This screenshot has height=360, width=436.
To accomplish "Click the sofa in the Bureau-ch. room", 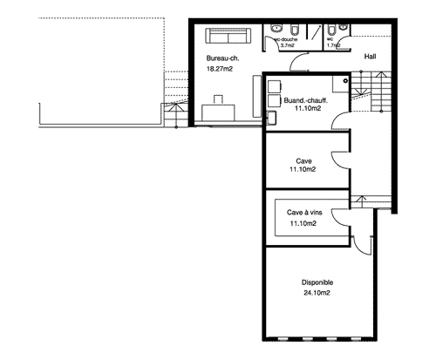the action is point(228,36).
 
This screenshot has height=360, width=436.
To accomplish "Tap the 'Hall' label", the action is point(370,57).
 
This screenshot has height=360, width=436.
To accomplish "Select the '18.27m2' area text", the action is point(220,69).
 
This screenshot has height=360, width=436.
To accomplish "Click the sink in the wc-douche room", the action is point(276,29).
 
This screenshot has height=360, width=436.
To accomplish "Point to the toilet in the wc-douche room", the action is point(294,30).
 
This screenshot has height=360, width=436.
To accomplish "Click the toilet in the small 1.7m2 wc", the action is point(331,30).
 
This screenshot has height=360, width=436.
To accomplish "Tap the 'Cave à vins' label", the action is point(304,213).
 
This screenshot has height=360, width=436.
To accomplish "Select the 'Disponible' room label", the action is point(317,282).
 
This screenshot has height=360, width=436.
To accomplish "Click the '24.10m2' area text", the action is point(317,293).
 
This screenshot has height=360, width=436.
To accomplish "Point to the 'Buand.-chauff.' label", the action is point(306,100).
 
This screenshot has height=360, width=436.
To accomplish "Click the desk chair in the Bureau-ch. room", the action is point(218,99).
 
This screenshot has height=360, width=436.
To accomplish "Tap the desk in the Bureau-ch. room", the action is point(218,112).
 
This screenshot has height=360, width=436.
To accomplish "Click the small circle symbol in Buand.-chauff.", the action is point(345,81).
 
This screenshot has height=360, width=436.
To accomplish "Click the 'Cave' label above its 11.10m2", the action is point(303,161).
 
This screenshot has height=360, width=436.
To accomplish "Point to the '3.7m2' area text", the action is point(287,45).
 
